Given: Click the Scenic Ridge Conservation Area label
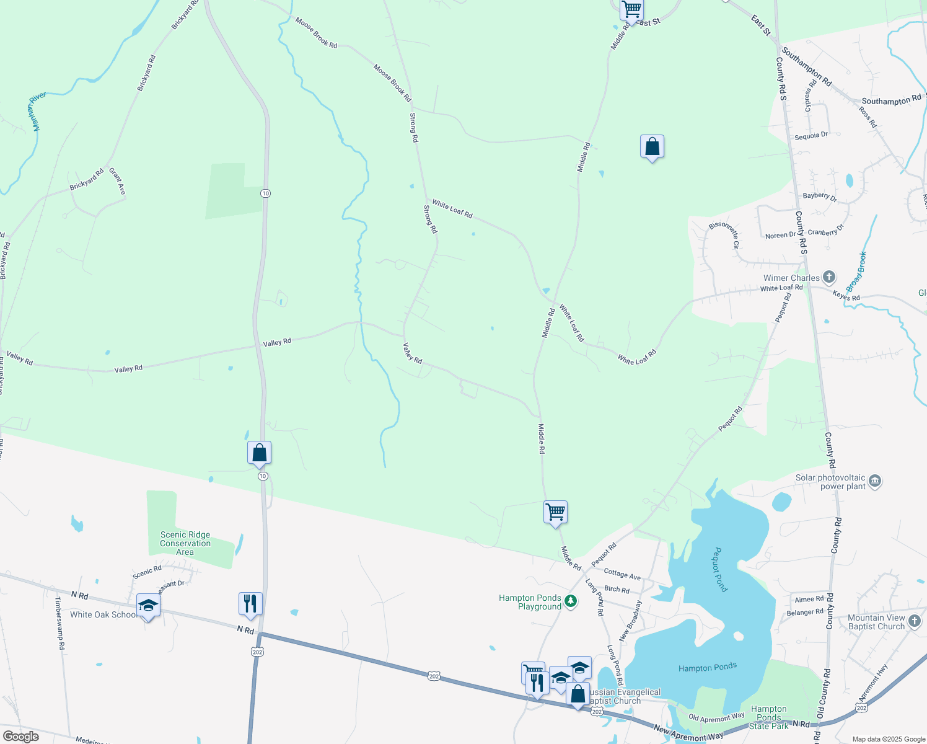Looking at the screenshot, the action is [185, 543].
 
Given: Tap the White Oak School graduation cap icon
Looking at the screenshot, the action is [148, 606].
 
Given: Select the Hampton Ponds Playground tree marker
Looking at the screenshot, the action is [571, 601].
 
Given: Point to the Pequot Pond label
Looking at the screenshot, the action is [720, 569].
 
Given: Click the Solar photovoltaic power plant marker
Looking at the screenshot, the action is [875, 480].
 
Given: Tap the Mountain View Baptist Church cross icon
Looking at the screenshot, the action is [915, 621].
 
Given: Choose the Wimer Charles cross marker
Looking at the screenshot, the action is [829, 277].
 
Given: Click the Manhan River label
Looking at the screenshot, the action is [37, 112].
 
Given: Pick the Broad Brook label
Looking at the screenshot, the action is [857, 272].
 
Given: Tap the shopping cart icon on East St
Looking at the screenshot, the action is [631, 9].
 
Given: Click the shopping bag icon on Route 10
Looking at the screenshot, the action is [259, 453].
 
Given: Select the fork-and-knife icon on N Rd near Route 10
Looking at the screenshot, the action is [250, 603].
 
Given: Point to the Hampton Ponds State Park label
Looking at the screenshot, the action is [768, 717].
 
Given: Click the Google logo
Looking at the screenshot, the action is [21, 737].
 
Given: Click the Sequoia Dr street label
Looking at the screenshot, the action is [811, 135].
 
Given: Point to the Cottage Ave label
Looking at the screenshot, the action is [622, 575].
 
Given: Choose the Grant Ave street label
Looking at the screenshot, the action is [117, 181].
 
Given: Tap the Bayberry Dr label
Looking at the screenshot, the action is [820, 197].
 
